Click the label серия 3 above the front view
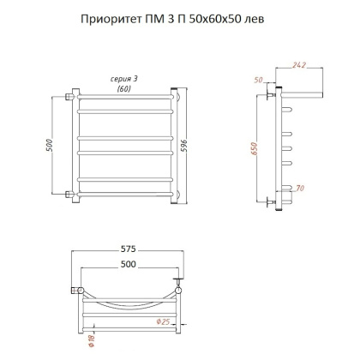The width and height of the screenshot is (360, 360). [x=125, y=79]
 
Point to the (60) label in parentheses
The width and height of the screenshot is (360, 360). [x=125, y=88]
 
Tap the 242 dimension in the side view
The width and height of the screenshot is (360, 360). [x=298, y=65]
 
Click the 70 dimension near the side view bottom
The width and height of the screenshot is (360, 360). [x=299, y=187]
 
